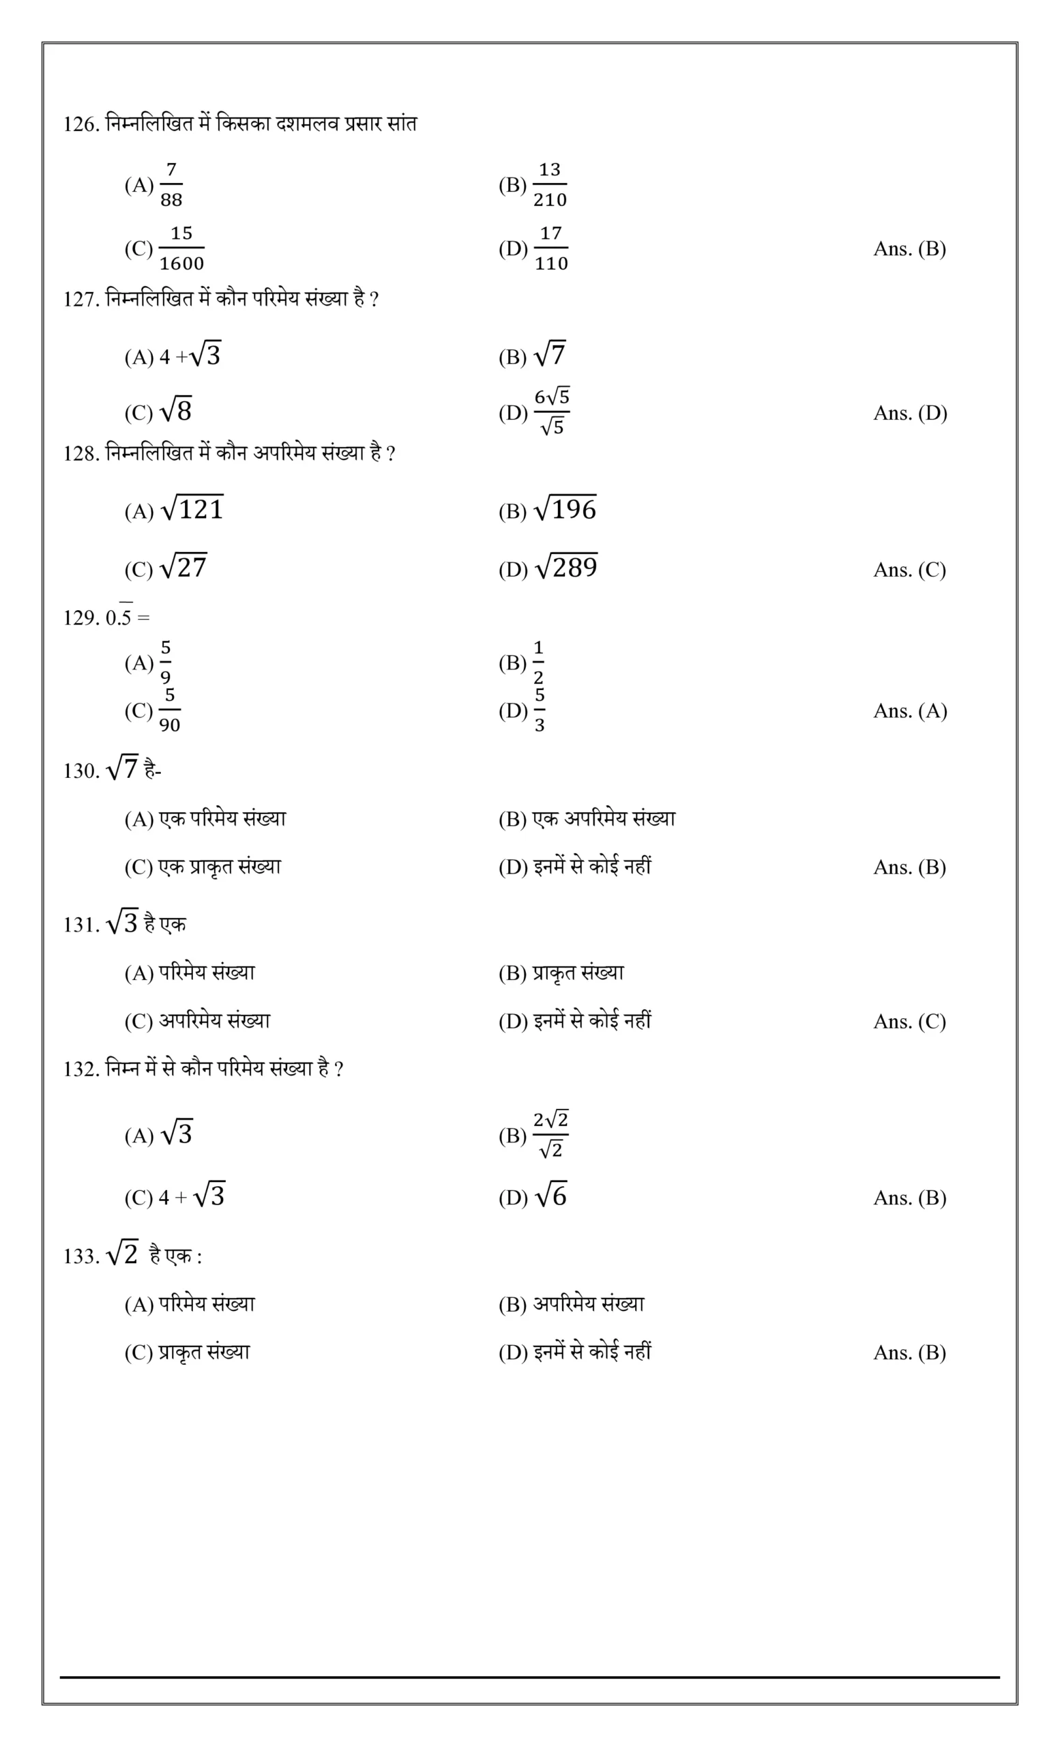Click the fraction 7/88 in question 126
[171, 185]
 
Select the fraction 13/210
[550, 185]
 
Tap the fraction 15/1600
[181, 249]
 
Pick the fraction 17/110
[550, 249]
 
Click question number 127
[80, 300]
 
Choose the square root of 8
[177, 411]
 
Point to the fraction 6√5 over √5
[551, 412]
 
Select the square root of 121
[192, 508]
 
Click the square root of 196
[565, 508]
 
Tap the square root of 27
[183, 566]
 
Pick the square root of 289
[566, 566]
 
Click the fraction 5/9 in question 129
[165, 662]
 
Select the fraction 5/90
[169, 710]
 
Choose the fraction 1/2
[538, 662]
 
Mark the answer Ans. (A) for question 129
[910, 711]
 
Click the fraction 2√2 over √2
[550, 1134]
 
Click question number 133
[80, 1257]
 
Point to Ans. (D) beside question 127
[910, 414]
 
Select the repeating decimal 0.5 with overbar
[119, 617]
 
